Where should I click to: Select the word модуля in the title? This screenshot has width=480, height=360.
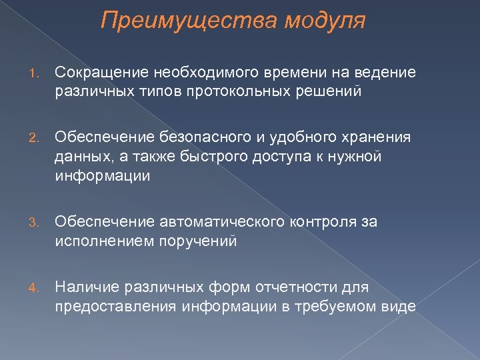325,21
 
